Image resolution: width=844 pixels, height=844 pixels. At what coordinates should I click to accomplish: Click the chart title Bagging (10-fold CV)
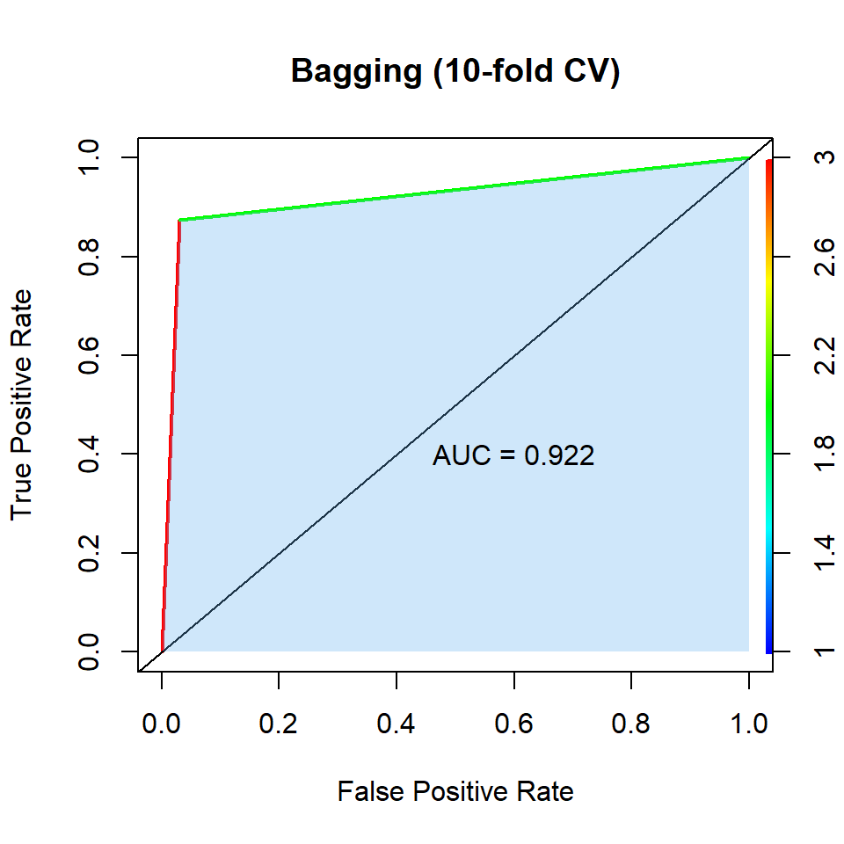(455, 72)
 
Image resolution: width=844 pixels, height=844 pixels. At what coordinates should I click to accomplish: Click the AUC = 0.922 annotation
(513, 455)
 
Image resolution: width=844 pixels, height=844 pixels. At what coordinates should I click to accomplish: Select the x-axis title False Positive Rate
(455, 792)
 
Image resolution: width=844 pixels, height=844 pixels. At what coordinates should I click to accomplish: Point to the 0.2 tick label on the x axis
(279, 724)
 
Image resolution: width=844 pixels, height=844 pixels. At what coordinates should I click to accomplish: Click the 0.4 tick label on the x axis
(397, 724)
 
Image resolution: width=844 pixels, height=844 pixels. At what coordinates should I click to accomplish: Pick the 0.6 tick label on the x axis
(514, 724)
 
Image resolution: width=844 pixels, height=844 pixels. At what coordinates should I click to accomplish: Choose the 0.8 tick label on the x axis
(631, 724)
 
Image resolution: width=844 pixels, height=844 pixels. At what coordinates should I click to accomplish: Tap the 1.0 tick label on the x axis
(749, 724)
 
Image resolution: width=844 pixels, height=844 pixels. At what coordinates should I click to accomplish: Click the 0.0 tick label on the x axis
(162, 724)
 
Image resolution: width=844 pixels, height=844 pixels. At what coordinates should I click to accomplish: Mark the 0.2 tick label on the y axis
(89, 553)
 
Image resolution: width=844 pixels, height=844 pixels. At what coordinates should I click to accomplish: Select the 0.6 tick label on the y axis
(89, 355)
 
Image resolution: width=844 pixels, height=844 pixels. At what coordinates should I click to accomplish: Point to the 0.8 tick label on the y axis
(89, 257)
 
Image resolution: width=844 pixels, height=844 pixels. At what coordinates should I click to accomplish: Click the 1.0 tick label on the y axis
(89, 158)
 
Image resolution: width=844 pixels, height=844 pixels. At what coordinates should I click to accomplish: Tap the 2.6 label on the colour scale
(825, 257)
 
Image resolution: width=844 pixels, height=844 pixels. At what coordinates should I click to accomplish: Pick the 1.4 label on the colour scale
(825, 553)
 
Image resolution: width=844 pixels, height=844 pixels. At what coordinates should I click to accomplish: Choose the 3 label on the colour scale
(825, 158)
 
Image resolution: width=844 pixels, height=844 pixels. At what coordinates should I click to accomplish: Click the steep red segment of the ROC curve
(171, 440)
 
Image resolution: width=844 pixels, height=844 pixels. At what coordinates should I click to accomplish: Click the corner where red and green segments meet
(179, 220)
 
